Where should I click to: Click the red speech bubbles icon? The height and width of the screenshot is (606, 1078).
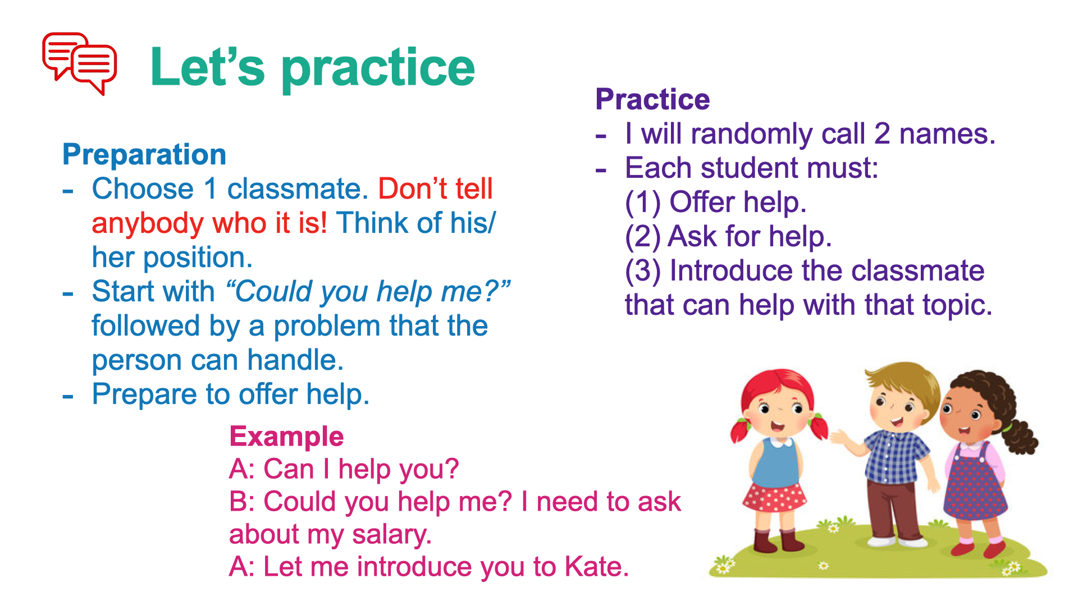click(80, 63)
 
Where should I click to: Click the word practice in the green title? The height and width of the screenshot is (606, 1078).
click(378, 70)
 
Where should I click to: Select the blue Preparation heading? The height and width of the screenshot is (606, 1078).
click(144, 154)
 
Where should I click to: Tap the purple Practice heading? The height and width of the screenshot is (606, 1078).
click(652, 99)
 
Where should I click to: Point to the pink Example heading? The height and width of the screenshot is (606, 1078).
click(286, 437)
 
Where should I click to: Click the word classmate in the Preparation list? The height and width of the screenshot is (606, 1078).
click(298, 189)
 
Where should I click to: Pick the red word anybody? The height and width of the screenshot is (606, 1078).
click(148, 224)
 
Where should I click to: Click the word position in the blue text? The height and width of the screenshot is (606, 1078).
click(198, 258)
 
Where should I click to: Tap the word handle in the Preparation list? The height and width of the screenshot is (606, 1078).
click(295, 360)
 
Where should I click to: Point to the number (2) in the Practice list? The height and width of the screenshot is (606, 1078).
click(642, 237)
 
